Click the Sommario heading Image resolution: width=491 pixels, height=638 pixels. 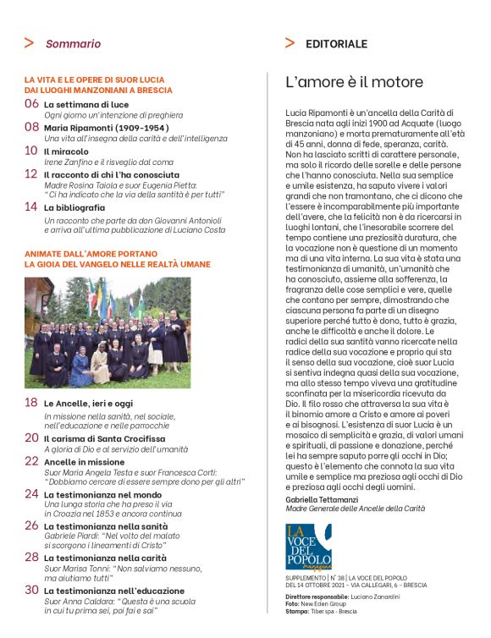point(73,43)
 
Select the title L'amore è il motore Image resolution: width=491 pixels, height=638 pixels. point(354,82)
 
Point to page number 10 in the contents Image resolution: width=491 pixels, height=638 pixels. point(31,151)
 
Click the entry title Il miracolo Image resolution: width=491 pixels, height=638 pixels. point(64,151)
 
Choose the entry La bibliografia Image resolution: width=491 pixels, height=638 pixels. point(74,206)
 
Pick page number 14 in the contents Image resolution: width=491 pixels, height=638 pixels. point(31,206)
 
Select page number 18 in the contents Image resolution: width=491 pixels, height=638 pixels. point(31,403)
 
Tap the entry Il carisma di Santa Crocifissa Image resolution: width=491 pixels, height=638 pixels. point(98,437)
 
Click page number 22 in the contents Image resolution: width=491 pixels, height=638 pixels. point(31,462)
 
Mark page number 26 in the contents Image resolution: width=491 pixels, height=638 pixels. point(31,525)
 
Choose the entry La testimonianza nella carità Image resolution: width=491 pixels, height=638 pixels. point(105,558)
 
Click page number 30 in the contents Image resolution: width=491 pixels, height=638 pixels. point(31,589)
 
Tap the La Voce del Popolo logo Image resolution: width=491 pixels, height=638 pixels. point(308,546)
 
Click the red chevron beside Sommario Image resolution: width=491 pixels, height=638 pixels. point(29,43)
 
